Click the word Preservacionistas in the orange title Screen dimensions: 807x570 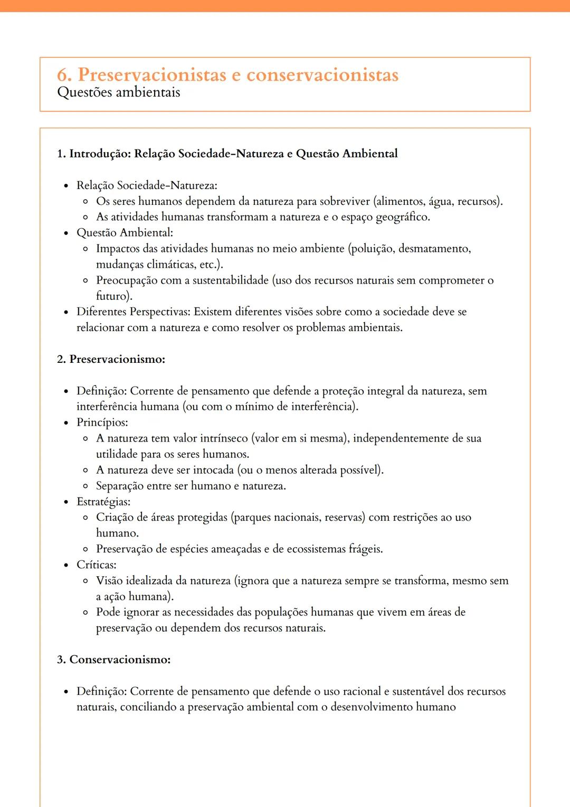pos(152,75)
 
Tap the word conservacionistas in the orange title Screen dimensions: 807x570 pos(322,75)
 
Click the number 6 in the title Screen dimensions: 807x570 pos(63,75)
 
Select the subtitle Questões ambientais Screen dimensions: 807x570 pos(118,92)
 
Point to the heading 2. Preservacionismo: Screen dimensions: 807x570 pos(111,359)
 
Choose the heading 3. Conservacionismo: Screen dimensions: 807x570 pos(113,660)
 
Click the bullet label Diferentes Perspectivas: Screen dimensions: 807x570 pos(133,312)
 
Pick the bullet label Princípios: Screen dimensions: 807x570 pos(102,423)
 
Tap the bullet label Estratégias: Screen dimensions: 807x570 pos(103,502)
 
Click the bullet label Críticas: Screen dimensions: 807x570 pos(96,565)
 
